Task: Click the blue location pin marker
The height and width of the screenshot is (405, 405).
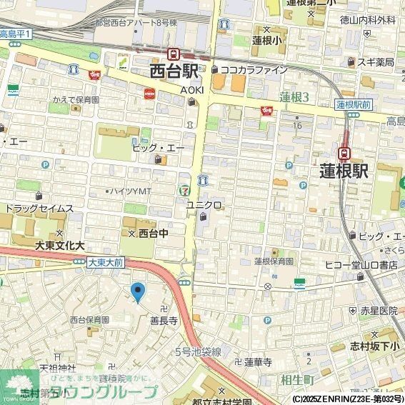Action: point(138,291)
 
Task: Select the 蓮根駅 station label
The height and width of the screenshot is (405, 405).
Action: point(344,171)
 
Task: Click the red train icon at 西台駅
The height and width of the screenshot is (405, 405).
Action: point(172,54)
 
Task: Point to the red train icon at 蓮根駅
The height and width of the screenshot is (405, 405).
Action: point(344,152)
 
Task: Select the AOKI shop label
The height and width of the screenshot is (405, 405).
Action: point(191,89)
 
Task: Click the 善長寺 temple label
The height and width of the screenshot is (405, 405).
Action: point(163,321)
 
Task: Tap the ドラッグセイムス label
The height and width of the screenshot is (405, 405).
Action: point(39,209)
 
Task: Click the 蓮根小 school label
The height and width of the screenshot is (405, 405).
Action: point(266,40)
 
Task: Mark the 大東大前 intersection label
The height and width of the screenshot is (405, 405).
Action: point(106,263)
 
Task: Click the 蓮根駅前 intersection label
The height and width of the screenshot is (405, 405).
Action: point(354,104)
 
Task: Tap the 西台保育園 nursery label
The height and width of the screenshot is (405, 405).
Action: point(89,320)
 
